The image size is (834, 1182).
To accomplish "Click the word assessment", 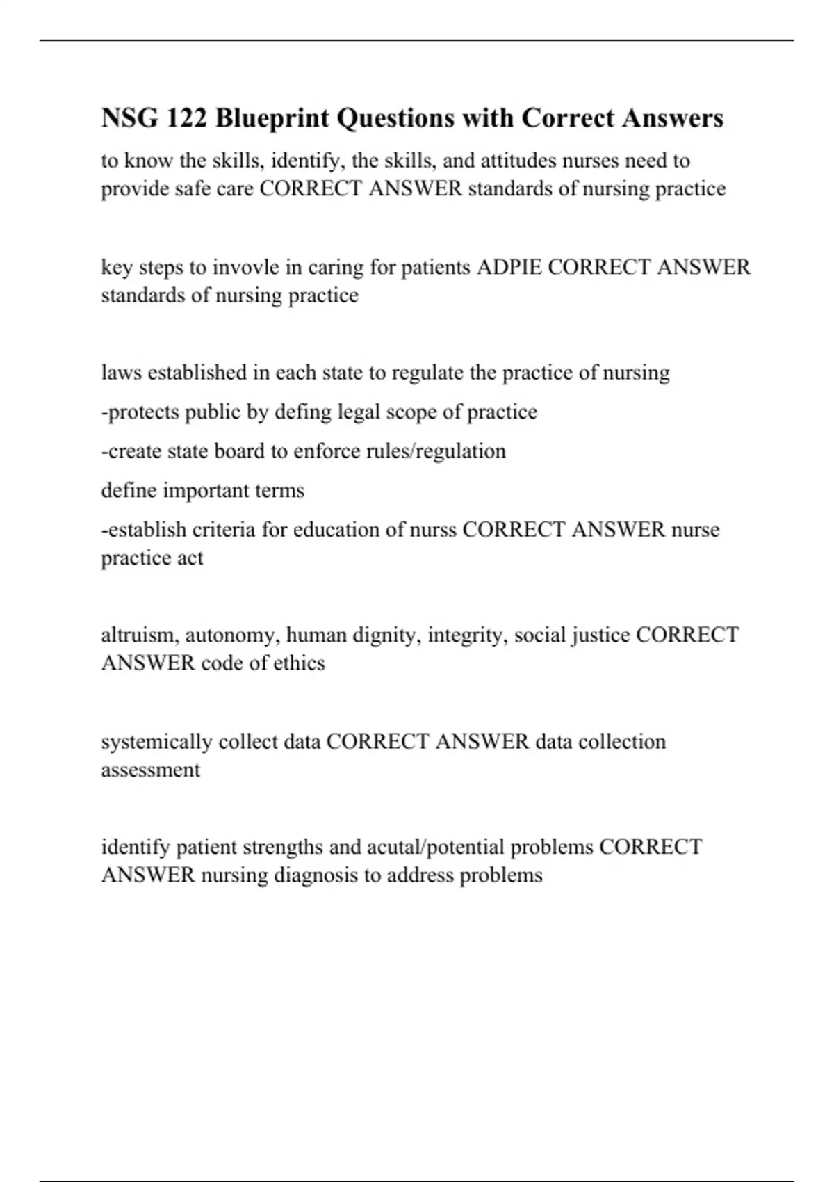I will [150, 770].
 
